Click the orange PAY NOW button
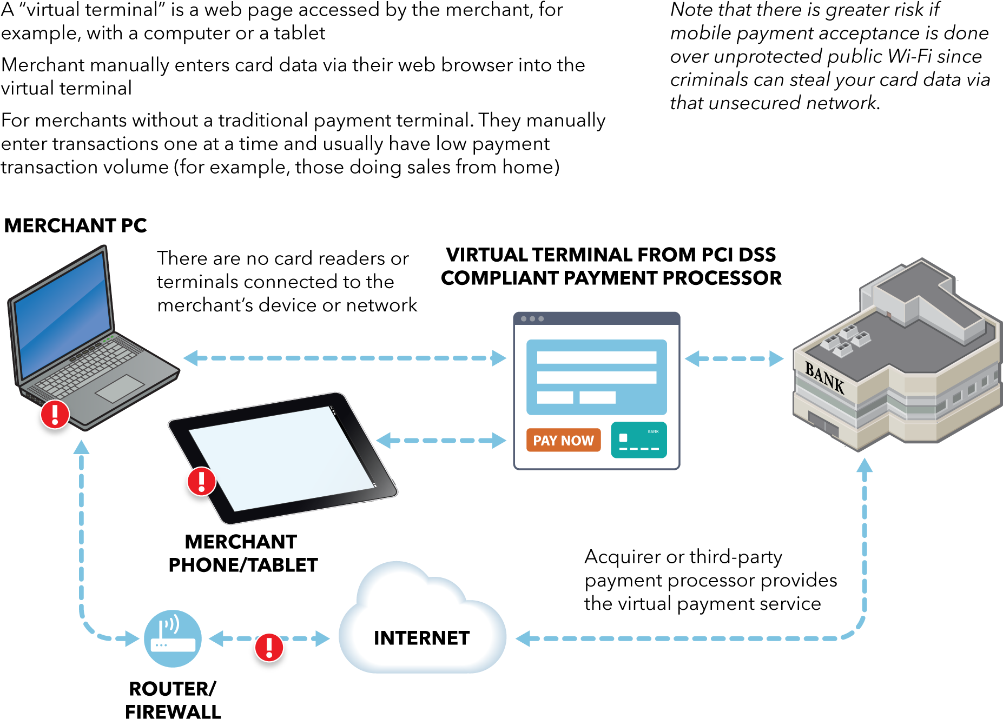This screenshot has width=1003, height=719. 563,440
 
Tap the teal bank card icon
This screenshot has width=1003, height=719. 638,440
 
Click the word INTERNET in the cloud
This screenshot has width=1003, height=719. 421,638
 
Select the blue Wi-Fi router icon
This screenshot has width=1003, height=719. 173,638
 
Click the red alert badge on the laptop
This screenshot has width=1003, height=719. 55,415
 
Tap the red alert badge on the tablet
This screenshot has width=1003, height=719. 201,481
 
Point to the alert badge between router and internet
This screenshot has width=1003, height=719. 269,647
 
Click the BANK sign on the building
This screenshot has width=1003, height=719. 824,377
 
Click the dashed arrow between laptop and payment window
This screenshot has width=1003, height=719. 345,358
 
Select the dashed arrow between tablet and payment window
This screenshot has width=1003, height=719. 441,441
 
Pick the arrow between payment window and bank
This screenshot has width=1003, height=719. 734,358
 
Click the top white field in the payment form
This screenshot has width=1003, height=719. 596,357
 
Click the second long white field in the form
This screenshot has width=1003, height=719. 596,377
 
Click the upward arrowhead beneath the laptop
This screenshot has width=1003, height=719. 81,447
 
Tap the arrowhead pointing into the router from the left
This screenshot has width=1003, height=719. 131,638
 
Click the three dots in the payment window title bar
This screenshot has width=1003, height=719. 532,319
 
